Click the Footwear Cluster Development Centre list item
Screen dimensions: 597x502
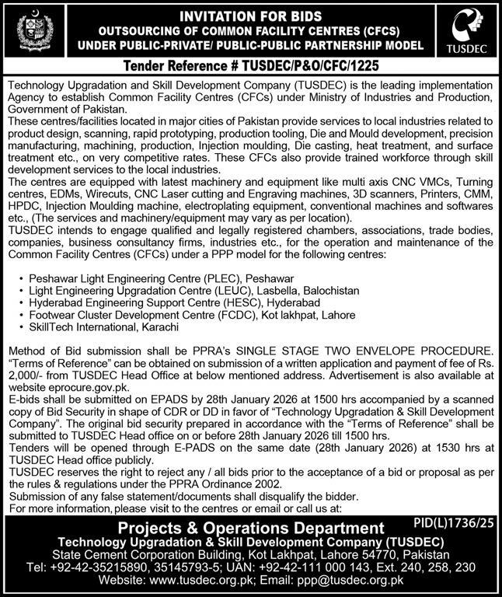point(191,315)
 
